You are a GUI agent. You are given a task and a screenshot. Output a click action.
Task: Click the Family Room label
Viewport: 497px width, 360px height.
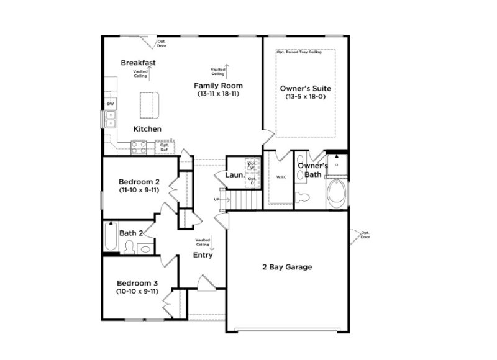218,86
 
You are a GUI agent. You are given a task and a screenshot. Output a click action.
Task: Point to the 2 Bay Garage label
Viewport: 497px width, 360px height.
287,268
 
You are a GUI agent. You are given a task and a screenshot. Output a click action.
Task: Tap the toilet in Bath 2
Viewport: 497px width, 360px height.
129,247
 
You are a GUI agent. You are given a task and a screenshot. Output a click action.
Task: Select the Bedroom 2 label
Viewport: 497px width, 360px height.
139,182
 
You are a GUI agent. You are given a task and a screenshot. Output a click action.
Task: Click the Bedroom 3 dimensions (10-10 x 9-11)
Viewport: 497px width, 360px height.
137,290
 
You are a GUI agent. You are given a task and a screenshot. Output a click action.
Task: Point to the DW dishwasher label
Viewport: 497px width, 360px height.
111,104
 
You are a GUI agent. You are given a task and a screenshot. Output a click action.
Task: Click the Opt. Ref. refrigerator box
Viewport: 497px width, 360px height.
165,148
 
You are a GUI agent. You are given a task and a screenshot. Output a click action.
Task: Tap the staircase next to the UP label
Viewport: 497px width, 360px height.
240,199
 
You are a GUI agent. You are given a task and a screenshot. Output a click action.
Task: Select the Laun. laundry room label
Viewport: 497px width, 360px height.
234,176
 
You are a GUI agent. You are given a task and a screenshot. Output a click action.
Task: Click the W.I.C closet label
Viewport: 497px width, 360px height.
281,178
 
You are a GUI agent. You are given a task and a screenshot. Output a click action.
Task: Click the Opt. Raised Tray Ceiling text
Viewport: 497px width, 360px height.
299,52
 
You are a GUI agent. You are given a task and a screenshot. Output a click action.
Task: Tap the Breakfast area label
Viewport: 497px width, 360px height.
138,63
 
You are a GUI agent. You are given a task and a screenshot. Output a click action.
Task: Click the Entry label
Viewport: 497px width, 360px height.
203,255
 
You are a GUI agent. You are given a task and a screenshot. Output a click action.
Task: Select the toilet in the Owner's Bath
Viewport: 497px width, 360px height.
303,198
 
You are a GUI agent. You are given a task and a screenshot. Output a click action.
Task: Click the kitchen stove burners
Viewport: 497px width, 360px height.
139,146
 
